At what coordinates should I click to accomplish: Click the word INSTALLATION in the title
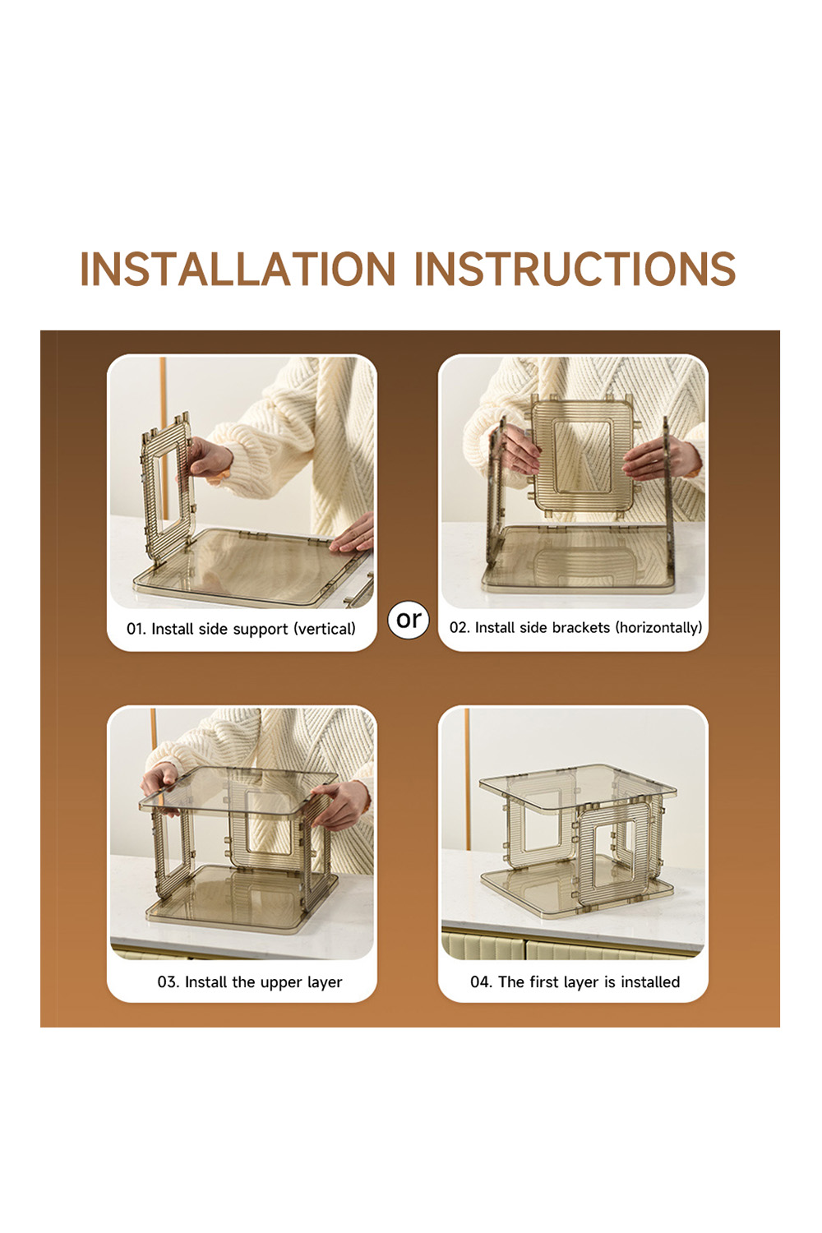pos(238,269)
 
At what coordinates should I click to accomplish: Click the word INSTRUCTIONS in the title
pos(575,269)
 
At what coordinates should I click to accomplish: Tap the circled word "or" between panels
pos(409,620)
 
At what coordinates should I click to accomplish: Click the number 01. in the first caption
pos(136,629)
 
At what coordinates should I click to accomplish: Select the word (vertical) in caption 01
pos(325,629)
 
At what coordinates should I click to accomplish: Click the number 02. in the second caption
pos(459,627)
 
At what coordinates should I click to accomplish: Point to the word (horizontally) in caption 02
pos(658,628)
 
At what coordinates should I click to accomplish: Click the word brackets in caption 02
pos(581,627)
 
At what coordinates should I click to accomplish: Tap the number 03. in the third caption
pos(169,982)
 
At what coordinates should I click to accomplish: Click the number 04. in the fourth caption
pos(481,982)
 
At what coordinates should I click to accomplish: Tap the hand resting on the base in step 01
pos(353,534)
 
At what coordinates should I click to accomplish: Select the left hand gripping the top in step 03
pos(161,784)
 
